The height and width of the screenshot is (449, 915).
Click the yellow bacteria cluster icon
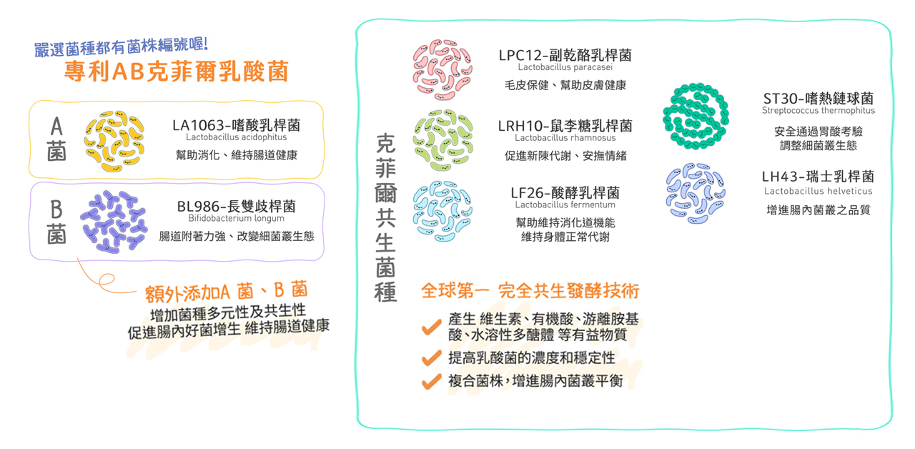(114, 141)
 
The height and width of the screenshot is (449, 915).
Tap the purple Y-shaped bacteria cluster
(114, 222)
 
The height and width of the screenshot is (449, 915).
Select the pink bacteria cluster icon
(442, 70)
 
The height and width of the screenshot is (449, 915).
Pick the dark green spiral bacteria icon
(696, 116)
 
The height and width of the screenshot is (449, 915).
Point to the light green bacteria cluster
(442, 140)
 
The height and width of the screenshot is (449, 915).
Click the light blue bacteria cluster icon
(442, 211)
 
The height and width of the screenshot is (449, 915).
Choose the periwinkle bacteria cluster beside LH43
(696, 193)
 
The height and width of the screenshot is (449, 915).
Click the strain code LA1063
(199, 125)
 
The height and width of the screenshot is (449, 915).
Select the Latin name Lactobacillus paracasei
(565, 67)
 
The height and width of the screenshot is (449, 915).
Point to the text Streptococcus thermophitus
(818, 111)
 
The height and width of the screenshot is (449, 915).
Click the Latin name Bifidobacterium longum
(236, 218)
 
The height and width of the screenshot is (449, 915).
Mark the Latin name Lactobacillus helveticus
(818, 191)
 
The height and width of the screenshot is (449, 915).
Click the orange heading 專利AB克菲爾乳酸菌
(177, 71)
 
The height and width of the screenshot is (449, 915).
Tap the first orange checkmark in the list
(431, 327)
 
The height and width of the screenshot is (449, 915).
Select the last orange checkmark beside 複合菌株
(431, 381)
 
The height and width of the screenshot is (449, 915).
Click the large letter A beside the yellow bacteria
(56, 127)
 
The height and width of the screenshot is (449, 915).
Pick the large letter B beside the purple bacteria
(56, 210)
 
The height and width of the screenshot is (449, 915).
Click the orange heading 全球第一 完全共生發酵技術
(530, 291)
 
